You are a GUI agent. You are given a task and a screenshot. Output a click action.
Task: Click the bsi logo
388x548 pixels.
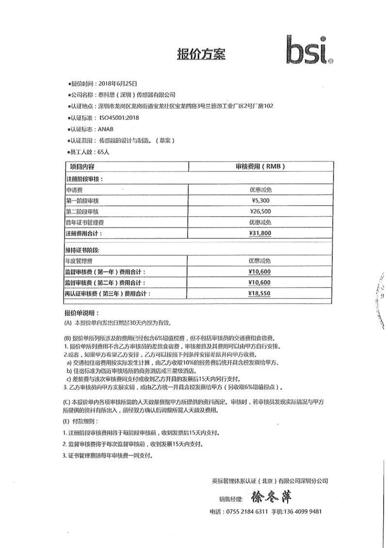tap(309, 50)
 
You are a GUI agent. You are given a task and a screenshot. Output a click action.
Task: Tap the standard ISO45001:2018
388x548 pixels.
tap(119, 117)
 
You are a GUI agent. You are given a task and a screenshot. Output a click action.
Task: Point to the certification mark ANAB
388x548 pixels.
tap(106, 129)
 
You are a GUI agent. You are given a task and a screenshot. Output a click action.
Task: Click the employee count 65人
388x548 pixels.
tap(104, 152)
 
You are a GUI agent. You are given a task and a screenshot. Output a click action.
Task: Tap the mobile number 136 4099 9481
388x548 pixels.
tap(303, 511)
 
